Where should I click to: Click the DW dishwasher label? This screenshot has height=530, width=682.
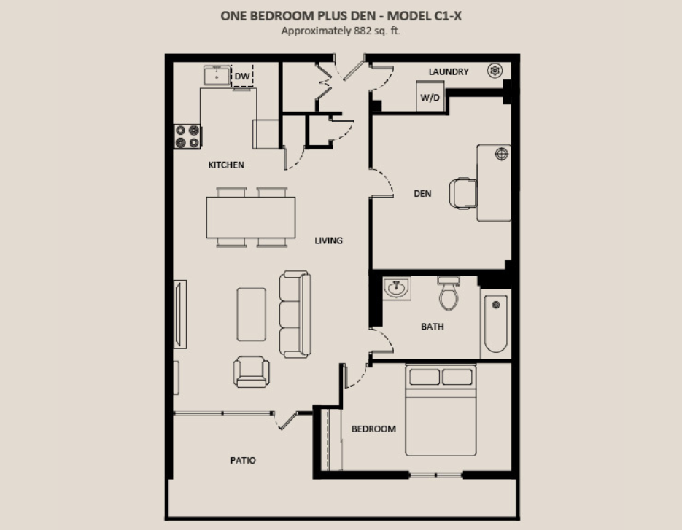(242, 77)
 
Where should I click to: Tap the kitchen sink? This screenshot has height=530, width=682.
(217, 75)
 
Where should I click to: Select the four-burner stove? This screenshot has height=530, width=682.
(187, 136)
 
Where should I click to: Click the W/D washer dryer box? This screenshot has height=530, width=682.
(430, 96)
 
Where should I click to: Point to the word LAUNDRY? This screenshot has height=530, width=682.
(449, 71)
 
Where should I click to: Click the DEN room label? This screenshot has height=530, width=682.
(422, 193)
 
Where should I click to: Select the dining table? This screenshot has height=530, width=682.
(251, 217)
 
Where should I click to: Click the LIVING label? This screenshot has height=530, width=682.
(328, 241)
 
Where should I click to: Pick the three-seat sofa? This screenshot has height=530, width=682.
(295, 314)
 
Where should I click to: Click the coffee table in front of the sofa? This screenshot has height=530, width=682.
(252, 314)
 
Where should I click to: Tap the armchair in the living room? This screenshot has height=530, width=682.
(251, 372)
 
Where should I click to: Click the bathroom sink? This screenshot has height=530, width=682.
(396, 288)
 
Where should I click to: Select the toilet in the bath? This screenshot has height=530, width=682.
(449, 294)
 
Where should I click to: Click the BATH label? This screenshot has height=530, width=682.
(433, 327)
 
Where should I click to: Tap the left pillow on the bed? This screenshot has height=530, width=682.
(424, 376)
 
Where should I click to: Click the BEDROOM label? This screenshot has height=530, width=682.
(373, 429)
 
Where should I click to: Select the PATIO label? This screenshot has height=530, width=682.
(243, 461)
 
